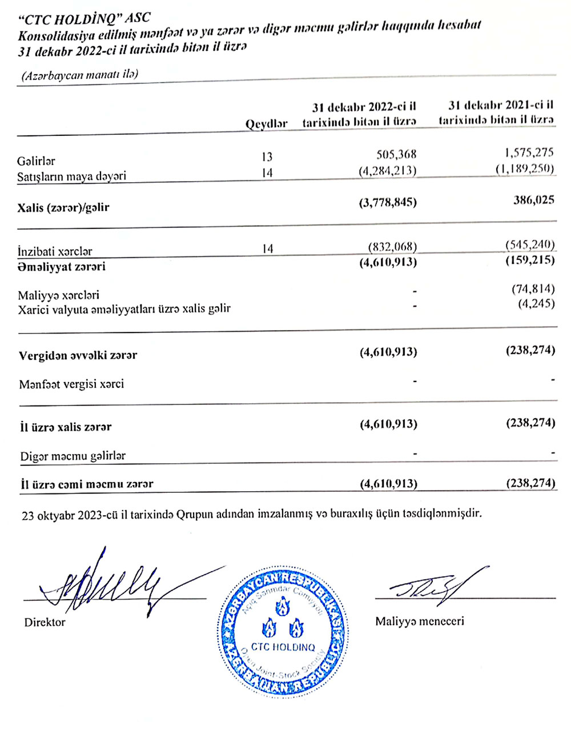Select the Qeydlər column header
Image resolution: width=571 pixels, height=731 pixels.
click(x=267, y=124)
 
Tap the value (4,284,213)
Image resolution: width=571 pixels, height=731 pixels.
click(x=388, y=170)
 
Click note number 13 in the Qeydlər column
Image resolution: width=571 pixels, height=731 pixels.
click(x=267, y=156)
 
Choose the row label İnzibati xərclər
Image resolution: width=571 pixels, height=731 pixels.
click(x=55, y=251)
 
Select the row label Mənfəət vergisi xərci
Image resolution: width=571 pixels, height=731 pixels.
click(x=71, y=384)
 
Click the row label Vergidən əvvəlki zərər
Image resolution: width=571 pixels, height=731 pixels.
click(x=78, y=355)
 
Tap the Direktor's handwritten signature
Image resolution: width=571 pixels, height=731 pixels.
click(x=108, y=583)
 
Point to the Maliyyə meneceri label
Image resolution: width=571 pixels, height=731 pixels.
click(x=420, y=621)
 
